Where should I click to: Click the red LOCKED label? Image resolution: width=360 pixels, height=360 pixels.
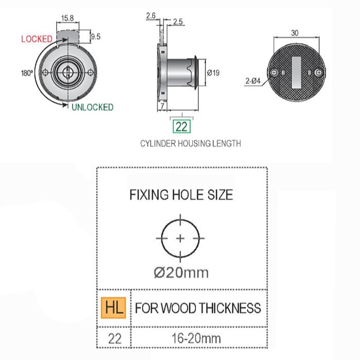[x=37, y=39]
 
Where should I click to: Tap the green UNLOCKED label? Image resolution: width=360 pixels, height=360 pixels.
[x=93, y=107]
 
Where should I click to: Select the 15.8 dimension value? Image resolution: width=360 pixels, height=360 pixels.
[x=67, y=18]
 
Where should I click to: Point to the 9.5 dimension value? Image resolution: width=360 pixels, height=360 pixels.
[x=96, y=37]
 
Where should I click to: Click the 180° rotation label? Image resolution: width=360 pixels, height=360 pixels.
[x=27, y=73]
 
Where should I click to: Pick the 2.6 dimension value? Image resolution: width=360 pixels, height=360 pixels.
[x=151, y=15]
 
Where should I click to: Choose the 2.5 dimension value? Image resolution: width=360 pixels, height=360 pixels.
[x=178, y=22]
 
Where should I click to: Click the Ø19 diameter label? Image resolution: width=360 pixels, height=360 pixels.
[x=213, y=73]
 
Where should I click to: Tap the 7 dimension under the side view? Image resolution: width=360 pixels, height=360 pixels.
[x=163, y=106]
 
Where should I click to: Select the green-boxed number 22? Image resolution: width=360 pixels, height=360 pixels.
[x=182, y=127]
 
